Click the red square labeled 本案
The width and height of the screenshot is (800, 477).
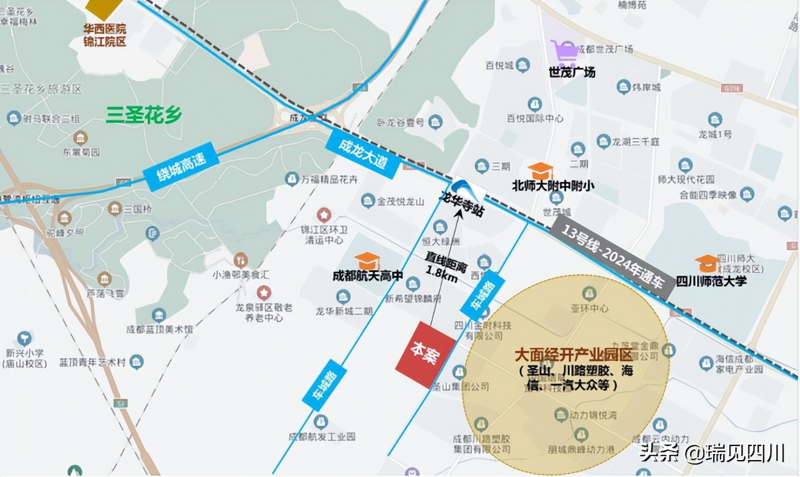point(425,355)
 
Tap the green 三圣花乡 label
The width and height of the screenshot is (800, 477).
point(144,115)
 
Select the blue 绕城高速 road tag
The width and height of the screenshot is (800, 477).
point(182,167)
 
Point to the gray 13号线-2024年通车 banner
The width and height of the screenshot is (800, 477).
point(612,258)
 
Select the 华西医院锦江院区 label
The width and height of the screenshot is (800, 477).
point(105,35)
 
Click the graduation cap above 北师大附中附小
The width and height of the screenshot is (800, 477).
point(540,171)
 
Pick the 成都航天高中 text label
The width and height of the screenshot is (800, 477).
point(368,276)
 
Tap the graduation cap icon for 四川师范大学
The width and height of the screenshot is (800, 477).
point(707,263)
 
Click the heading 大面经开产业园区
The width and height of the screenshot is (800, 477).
point(573,355)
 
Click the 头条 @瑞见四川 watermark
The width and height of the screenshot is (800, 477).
point(711,452)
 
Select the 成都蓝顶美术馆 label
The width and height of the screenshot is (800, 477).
point(159,330)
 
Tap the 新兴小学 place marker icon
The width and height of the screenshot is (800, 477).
point(24,339)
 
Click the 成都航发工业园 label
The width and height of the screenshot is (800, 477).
point(322,437)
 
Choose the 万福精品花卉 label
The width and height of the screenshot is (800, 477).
point(329,179)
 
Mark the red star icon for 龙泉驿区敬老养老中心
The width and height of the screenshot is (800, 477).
point(264,292)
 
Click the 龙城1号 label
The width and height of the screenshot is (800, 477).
point(714,134)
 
